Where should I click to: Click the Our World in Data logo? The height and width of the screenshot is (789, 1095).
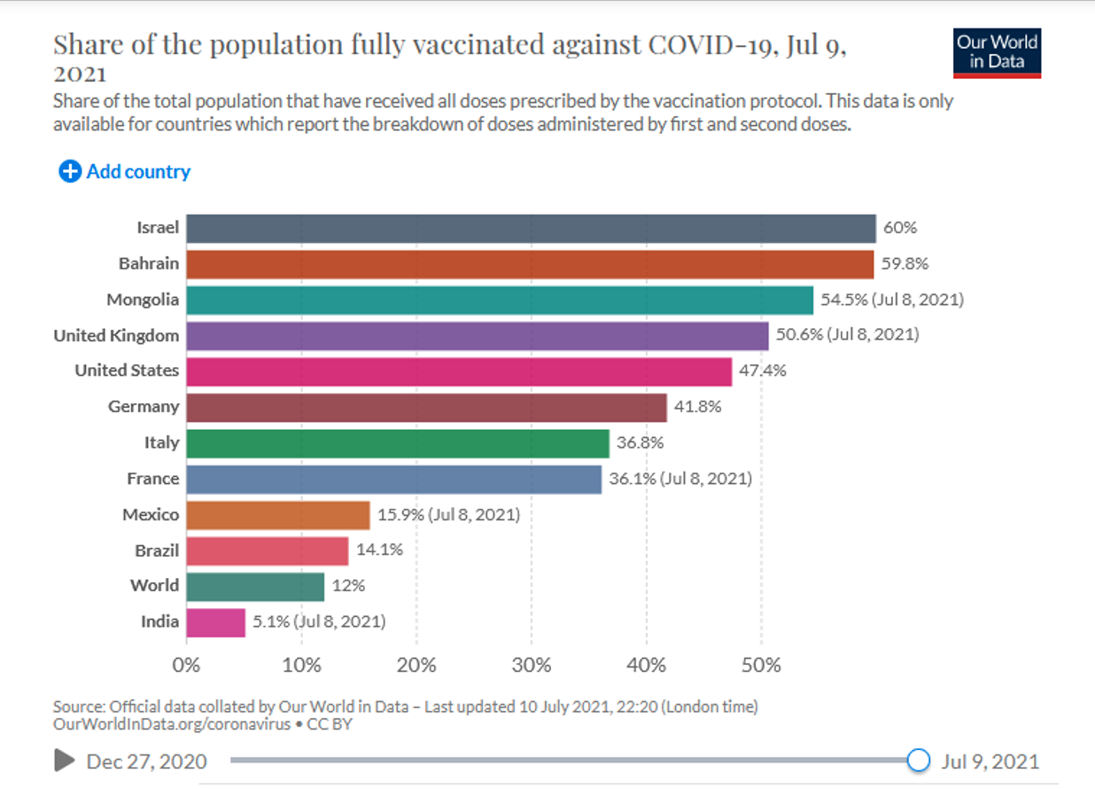tap(997, 52)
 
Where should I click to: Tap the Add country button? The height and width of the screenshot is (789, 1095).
tap(125, 172)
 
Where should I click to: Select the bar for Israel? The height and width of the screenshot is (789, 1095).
tap(531, 228)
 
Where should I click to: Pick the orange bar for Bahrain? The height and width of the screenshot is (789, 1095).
tap(530, 264)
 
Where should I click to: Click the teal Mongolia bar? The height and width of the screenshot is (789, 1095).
tap(500, 300)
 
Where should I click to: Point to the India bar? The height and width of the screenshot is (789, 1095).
tap(215, 622)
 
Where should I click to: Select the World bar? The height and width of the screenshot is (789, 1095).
tap(255, 586)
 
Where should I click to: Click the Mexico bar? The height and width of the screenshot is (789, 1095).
tap(277, 515)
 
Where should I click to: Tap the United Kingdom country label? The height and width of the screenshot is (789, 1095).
tap(116, 336)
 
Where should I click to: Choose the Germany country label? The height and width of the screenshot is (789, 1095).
tap(144, 407)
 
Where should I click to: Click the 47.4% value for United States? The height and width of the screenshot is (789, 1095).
tap(763, 371)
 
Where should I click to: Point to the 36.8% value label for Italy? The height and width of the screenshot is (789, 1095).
tap(640, 442)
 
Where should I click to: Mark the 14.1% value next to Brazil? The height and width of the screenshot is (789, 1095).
tap(379, 550)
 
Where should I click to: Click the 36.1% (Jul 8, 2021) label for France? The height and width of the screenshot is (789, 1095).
tap(680, 479)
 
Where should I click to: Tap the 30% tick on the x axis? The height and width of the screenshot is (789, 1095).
tap(532, 665)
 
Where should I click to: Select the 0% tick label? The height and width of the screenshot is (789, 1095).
tap(186, 665)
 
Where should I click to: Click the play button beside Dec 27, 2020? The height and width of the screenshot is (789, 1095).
tap(64, 761)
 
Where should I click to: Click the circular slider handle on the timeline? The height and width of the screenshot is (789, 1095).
tap(919, 761)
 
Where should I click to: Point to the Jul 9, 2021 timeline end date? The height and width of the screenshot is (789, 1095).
tap(990, 762)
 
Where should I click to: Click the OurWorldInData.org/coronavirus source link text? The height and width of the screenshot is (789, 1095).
tap(172, 724)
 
